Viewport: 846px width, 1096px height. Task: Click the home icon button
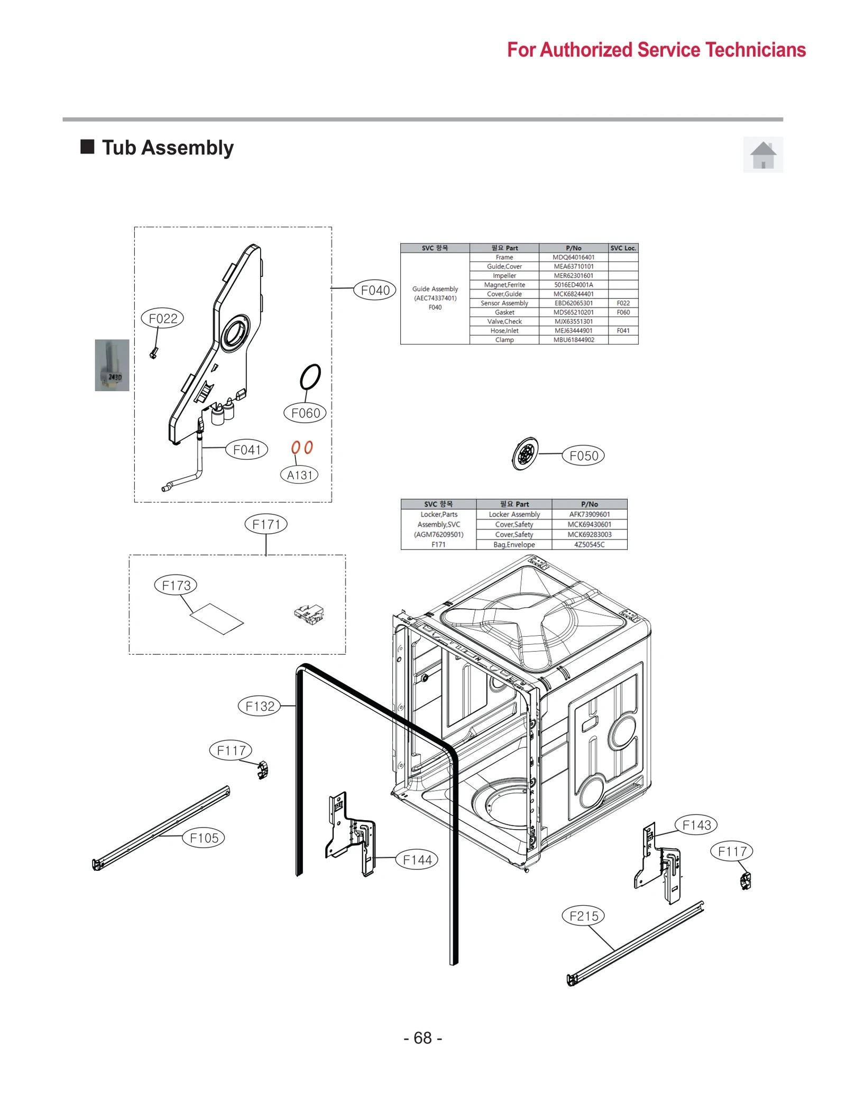coord(762,155)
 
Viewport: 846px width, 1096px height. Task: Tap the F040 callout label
coord(375,290)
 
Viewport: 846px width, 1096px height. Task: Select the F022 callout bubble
coord(163,319)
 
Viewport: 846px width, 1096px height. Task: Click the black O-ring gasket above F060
coord(310,377)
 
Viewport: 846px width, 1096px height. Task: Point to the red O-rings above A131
coord(302,448)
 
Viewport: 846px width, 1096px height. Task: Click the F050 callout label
coord(584,456)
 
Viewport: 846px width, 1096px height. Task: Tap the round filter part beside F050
coord(526,453)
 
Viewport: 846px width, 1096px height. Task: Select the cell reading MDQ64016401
coord(573,257)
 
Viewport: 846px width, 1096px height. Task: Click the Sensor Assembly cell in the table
coord(504,303)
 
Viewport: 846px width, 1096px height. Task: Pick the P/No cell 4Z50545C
coord(589,545)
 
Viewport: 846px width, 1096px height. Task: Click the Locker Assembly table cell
coord(514,514)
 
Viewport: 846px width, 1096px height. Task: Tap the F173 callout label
coord(176,586)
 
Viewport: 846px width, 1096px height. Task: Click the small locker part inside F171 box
coord(309,614)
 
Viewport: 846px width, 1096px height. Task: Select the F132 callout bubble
coord(260,706)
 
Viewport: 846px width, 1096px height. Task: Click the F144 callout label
coord(417,860)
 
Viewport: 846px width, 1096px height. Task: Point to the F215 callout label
coord(584,916)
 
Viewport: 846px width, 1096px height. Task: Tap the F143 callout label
coord(696,825)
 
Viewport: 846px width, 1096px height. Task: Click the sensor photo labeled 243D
coord(112,365)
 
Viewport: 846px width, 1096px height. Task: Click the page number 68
coord(422,1038)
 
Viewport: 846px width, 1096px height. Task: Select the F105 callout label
coord(204,838)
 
